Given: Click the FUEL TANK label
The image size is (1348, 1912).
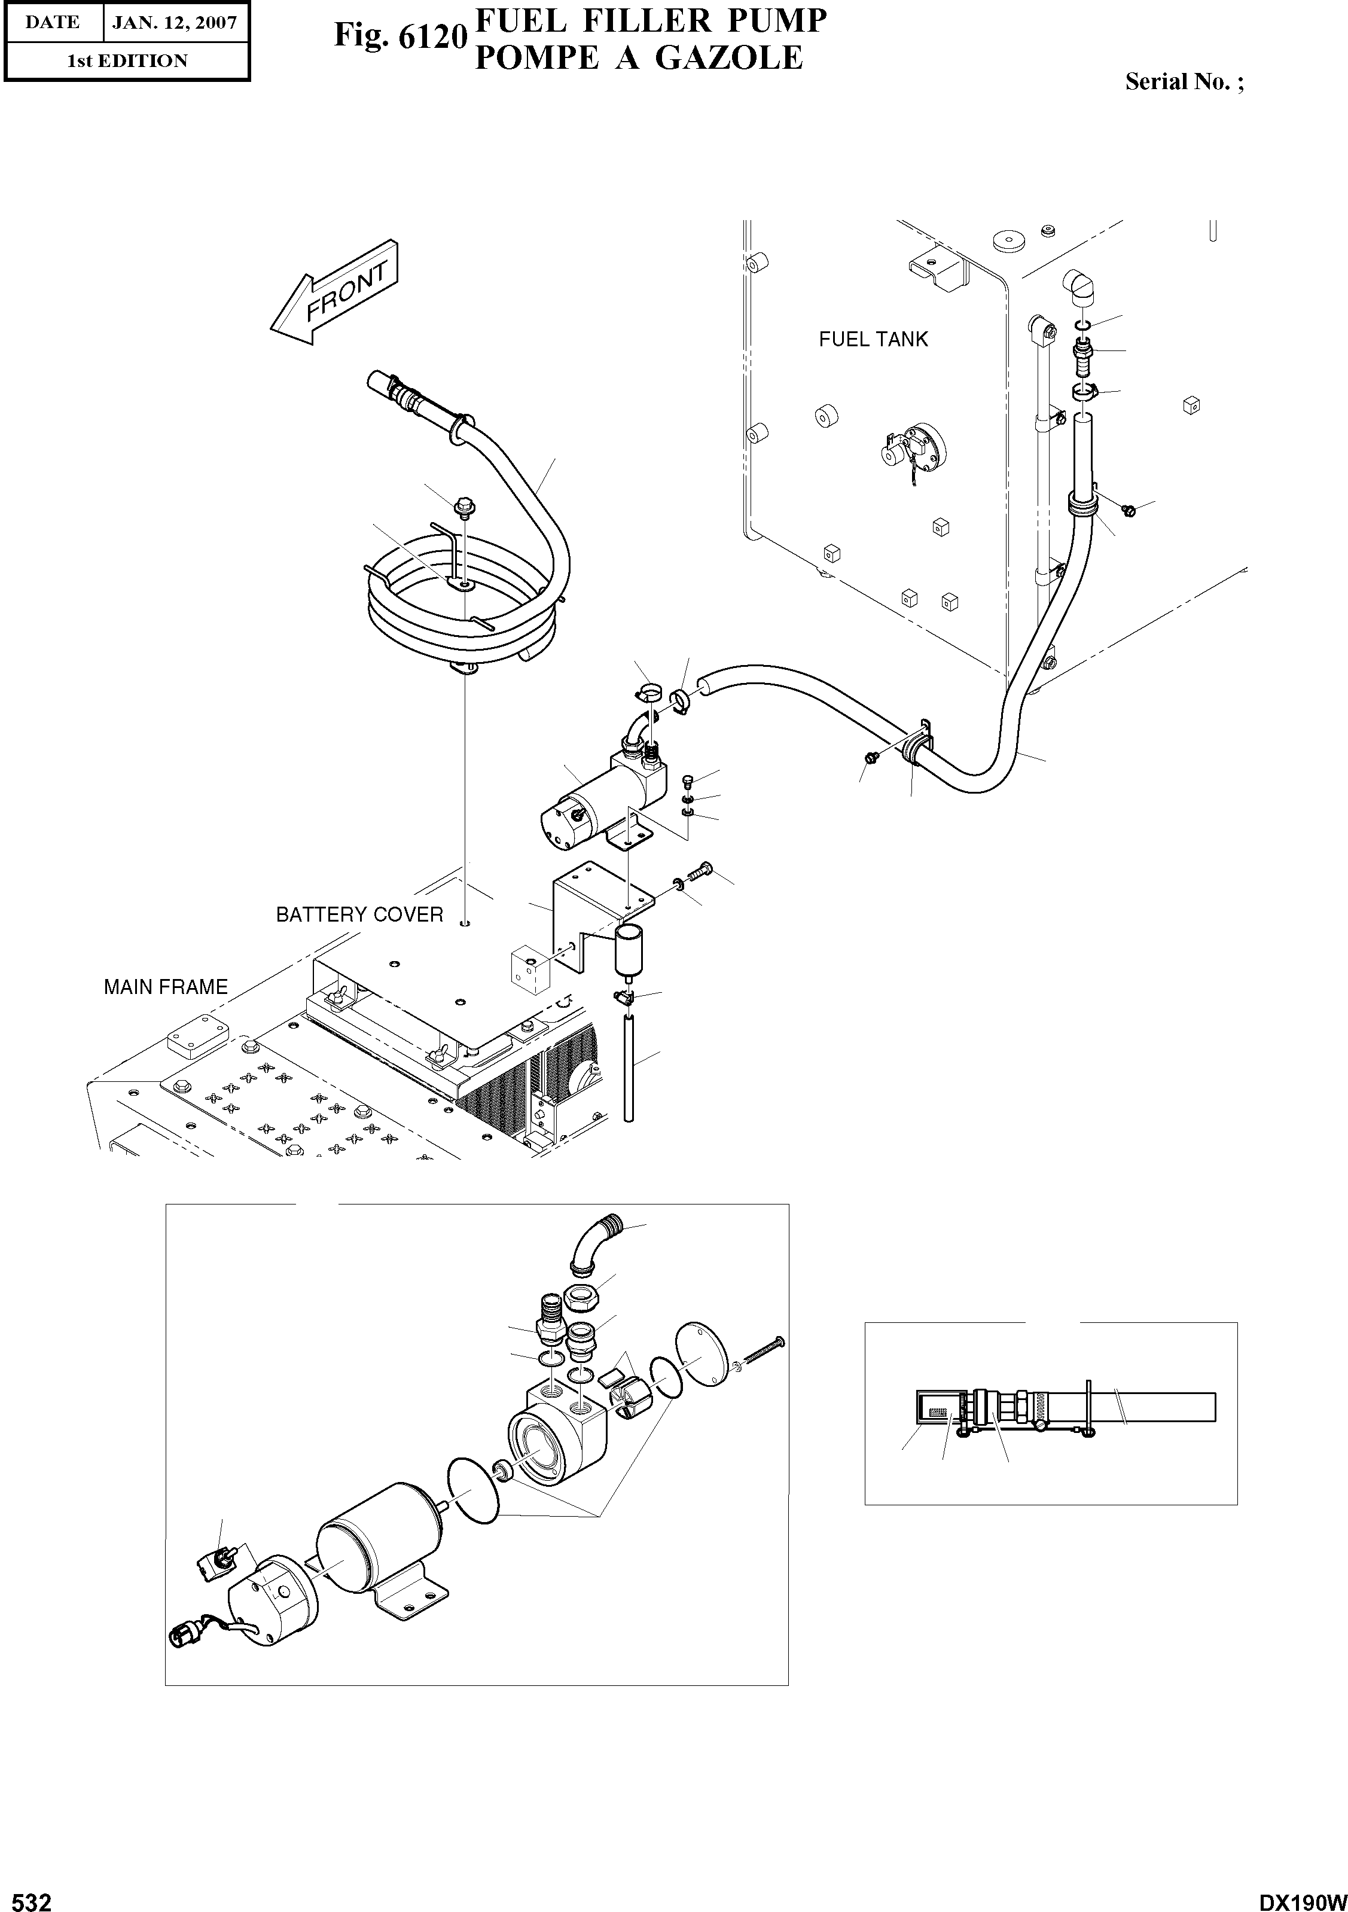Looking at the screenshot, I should pos(873,339).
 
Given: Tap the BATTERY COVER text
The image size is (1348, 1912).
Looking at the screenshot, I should pos(359,914).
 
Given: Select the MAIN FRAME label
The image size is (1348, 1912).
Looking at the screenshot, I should pos(166,987).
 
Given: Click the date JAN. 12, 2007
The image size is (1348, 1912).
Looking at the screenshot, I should pos(174,23).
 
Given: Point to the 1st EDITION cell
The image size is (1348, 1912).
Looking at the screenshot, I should pos(127,61).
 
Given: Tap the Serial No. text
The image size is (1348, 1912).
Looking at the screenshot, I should pos(1183,81).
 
